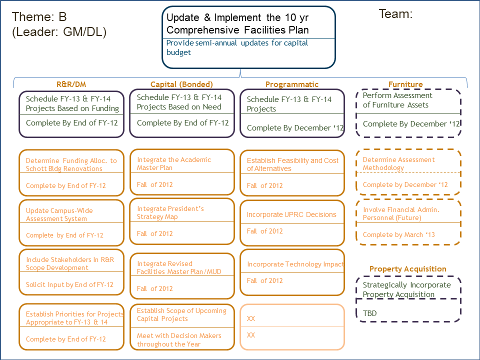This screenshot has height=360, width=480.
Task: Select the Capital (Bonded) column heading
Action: click(x=181, y=84)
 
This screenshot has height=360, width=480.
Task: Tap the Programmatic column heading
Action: click(x=291, y=84)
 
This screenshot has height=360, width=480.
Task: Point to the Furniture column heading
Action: click(x=405, y=84)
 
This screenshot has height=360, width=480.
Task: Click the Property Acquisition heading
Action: click(x=407, y=269)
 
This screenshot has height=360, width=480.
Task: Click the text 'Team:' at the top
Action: click(x=395, y=14)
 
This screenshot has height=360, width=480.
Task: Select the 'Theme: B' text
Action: click(x=39, y=17)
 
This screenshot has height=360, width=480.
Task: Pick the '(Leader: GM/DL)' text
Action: click(x=59, y=32)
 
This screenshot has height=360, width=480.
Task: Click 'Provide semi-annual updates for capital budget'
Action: click(x=237, y=47)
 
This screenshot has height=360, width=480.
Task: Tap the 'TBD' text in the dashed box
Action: click(x=370, y=313)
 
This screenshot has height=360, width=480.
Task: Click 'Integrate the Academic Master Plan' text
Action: click(x=174, y=163)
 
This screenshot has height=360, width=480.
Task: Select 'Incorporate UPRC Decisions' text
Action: click(x=291, y=214)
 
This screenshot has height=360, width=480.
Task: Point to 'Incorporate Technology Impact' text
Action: click(x=295, y=264)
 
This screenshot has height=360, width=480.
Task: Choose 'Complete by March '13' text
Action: click(x=399, y=234)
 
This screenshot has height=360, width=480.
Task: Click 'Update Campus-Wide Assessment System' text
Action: click(x=59, y=214)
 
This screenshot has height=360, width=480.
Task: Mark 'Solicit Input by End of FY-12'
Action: click(x=69, y=284)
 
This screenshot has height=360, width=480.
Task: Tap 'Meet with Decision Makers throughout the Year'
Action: click(x=179, y=340)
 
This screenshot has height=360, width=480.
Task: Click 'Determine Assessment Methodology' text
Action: click(x=399, y=163)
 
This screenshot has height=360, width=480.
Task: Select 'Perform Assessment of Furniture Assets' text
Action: click(x=397, y=100)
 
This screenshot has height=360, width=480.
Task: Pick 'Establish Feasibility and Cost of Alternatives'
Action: click(x=292, y=164)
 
